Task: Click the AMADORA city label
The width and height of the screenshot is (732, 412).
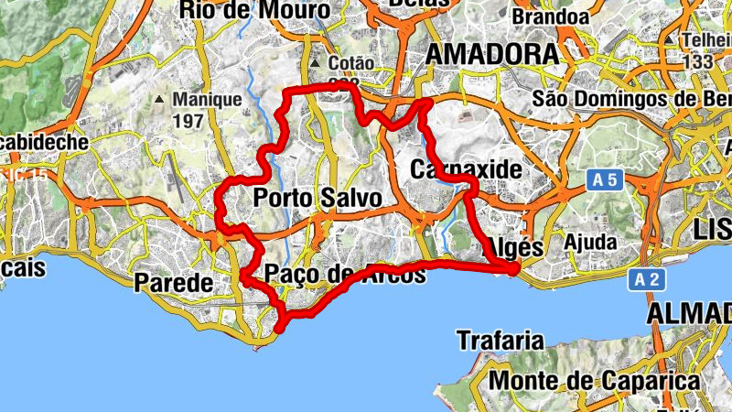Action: coord(493,54)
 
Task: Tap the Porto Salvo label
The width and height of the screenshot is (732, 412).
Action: coord(317,198)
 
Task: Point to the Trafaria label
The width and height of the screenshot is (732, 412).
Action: coord(500,341)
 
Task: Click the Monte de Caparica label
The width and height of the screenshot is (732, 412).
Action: coord(595,379)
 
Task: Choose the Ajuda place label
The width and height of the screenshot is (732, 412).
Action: coord(591,241)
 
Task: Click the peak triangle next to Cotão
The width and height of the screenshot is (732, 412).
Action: coord(314,64)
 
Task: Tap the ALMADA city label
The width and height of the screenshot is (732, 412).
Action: coord(690,313)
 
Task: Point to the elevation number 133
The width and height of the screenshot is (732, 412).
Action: coord(697,61)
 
